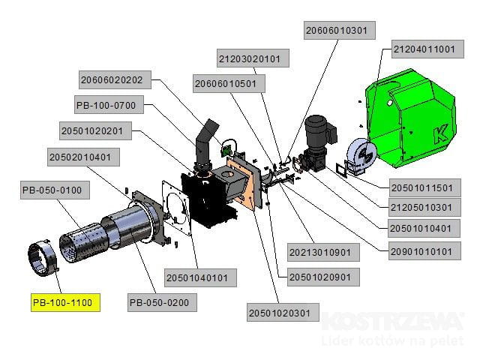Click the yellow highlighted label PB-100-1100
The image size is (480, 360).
point(67,303)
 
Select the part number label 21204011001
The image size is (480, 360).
point(424,49)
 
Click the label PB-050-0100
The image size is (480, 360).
point(57,190)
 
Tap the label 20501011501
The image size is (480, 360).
point(423,187)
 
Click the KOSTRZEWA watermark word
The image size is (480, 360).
point(391,322)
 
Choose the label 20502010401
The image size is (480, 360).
point(84,157)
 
